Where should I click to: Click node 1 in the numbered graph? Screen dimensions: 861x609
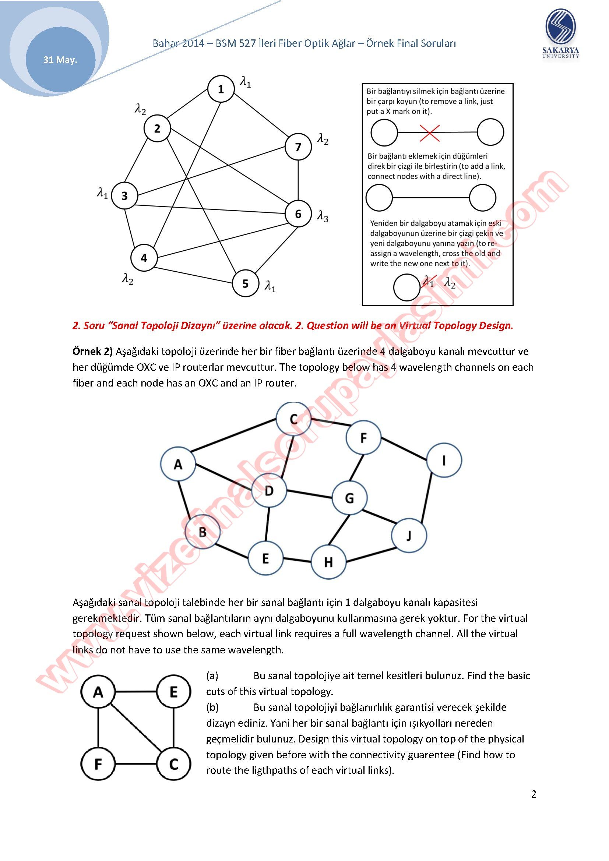pyautogui.click(x=221, y=89)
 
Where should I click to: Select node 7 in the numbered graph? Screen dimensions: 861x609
pyautogui.click(x=298, y=147)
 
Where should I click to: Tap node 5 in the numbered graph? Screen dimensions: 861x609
pyautogui.click(x=245, y=283)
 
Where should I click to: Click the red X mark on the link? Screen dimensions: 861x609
pyautogui.click(x=430, y=133)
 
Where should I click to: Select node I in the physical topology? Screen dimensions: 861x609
pyautogui.click(x=444, y=460)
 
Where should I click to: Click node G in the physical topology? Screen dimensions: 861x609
pyautogui.click(x=349, y=498)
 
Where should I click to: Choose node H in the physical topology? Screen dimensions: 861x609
pyautogui.click(x=328, y=562)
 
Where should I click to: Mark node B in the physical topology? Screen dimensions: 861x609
pyautogui.click(x=203, y=532)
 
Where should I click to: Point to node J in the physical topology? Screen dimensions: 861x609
pyautogui.click(x=409, y=536)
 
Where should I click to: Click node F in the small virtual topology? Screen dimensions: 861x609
pyautogui.click(x=98, y=764)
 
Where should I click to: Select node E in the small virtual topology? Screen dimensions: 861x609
pyautogui.click(x=173, y=692)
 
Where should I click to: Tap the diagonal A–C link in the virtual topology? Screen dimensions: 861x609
pyautogui.click(x=136, y=728)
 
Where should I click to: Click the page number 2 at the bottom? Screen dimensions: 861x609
pyautogui.click(x=534, y=794)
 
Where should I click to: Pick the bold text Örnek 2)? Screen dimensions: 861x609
pyautogui.click(x=92, y=352)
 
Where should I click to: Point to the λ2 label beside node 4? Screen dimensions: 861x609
pyautogui.click(x=127, y=279)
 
